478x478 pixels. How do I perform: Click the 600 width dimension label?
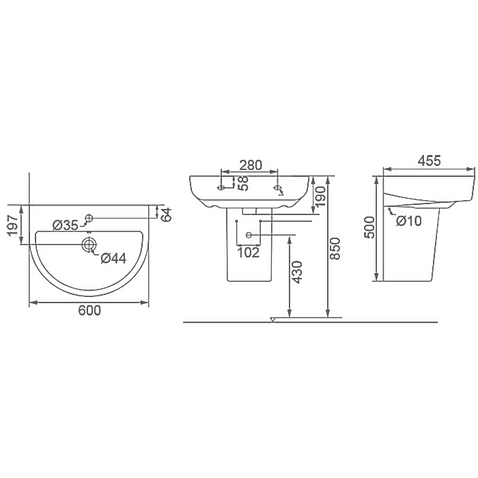(89, 311)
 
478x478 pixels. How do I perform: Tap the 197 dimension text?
(13, 225)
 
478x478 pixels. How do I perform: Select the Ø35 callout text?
(66, 225)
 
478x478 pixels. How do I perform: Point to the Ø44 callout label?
(113, 259)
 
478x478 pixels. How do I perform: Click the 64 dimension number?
(167, 214)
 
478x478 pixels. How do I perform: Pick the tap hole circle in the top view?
(89, 218)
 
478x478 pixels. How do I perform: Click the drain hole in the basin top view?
(89, 244)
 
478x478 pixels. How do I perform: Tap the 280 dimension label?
(251, 165)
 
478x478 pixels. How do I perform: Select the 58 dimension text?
(243, 183)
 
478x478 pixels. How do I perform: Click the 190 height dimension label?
(320, 197)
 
